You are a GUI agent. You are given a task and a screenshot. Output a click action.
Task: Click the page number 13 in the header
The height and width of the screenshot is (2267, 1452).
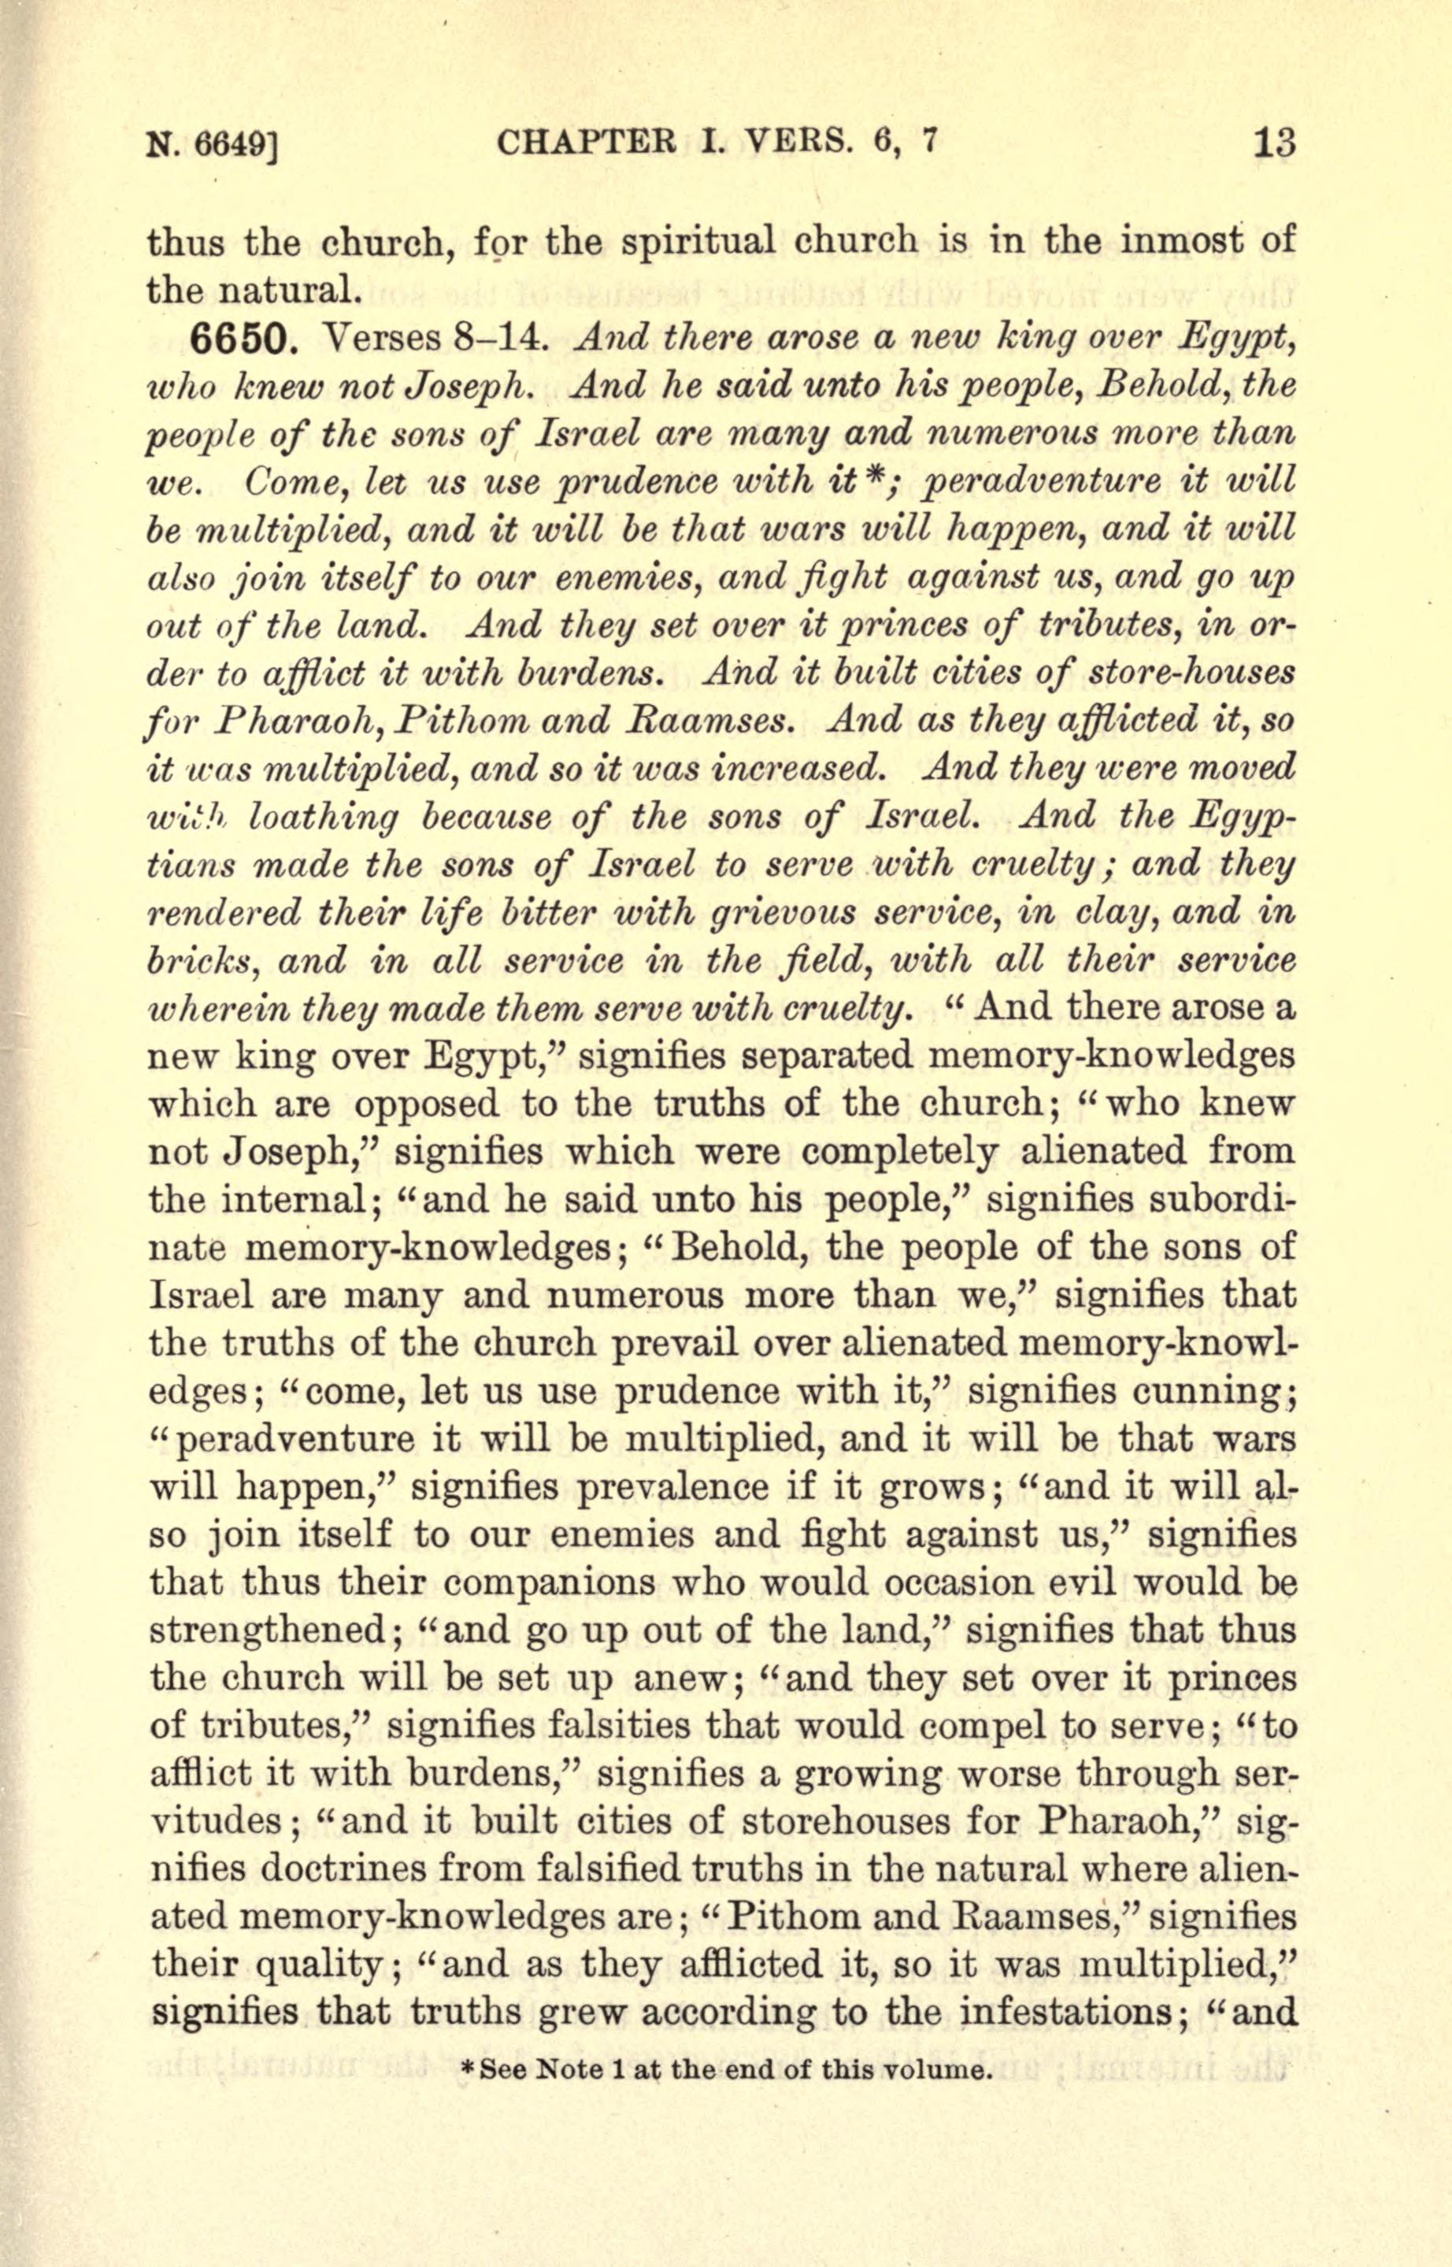(1274, 144)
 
